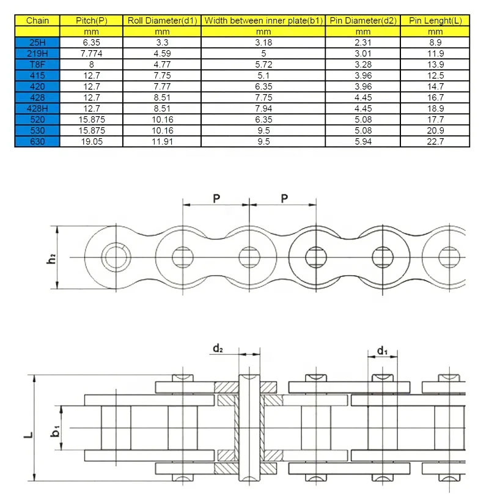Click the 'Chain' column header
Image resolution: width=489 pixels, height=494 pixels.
38,20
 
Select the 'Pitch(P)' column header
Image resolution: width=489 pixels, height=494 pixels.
92,20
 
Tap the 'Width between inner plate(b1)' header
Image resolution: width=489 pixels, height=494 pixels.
263,20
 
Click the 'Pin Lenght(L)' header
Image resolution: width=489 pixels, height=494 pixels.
435,20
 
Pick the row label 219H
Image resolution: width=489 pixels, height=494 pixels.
38,53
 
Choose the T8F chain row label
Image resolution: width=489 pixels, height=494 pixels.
38,64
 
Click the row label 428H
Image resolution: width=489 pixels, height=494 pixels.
38,109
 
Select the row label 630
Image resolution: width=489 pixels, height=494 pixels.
38,142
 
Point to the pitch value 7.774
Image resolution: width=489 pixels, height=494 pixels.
92,53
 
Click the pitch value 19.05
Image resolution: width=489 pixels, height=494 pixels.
92,142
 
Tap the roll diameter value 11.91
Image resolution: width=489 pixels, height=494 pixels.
162,142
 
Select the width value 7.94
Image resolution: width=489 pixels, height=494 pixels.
263,109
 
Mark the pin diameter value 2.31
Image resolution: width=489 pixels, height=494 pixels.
362,42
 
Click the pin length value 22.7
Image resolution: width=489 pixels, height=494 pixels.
435,142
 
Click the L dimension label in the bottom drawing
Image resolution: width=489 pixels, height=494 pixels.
28,435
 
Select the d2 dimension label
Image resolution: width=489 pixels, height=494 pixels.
218,349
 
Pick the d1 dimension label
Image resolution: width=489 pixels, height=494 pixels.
383,350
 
